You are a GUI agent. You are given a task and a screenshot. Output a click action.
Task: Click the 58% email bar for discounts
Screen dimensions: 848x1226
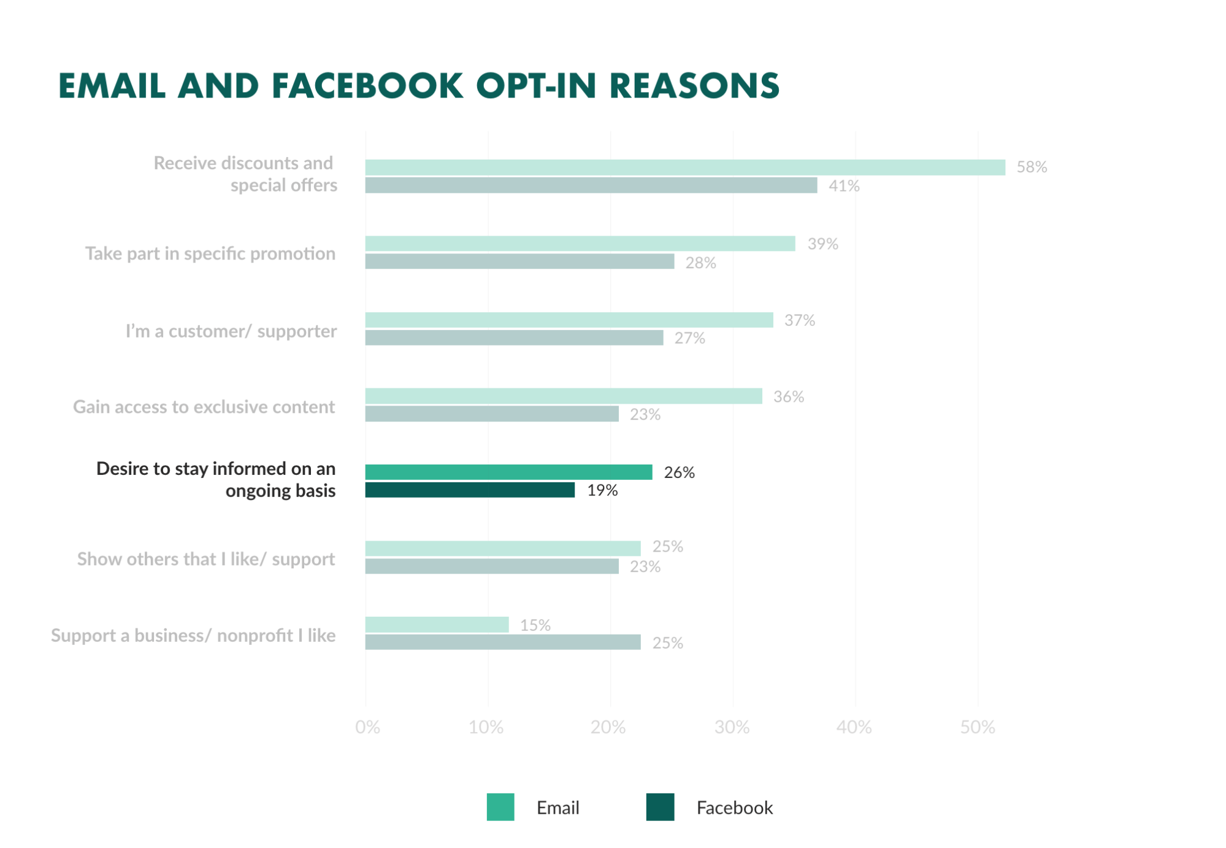[x=684, y=168]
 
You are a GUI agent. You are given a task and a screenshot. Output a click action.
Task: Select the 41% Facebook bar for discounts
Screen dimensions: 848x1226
[x=591, y=185]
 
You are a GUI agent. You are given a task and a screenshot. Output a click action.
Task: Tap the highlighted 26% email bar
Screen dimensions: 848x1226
[x=508, y=472]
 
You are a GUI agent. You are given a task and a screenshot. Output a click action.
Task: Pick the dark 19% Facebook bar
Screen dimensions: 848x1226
[x=470, y=490]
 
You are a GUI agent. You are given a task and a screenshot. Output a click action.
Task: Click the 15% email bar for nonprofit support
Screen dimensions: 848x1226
[x=437, y=625]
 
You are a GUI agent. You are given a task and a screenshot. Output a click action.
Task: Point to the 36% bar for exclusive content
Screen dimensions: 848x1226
[x=563, y=396]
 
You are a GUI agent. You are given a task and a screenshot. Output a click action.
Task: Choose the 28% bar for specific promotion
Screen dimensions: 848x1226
[x=519, y=262]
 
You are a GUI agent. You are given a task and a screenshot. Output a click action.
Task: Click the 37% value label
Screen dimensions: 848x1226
[x=800, y=320]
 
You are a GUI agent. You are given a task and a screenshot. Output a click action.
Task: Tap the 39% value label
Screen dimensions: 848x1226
[x=822, y=244]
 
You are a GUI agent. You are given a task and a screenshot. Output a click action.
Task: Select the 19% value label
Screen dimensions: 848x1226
[x=602, y=490]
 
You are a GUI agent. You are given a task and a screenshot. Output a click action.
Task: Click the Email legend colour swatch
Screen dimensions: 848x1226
[x=500, y=807]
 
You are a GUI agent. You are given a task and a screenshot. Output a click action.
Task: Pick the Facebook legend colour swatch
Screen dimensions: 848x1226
[x=660, y=807]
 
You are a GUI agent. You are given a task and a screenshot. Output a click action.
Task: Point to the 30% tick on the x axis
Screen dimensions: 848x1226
[x=732, y=727]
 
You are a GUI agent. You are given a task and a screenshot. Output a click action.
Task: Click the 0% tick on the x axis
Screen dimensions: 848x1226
[x=367, y=727]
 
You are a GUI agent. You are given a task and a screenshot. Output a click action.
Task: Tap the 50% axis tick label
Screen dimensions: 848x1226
[x=977, y=727]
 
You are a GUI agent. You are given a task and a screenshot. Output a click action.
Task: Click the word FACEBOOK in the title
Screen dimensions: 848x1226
[x=367, y=85]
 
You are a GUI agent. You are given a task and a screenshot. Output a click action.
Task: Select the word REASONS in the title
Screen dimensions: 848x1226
[x=694, y=85]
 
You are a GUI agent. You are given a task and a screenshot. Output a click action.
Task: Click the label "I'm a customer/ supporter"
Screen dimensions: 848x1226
[x=231, y=331]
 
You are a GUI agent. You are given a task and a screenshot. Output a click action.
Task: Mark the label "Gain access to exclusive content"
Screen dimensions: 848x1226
[x=204, y=407]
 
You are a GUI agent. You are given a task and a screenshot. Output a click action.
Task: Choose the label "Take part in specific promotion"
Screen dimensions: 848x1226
[x=210, y=253]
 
